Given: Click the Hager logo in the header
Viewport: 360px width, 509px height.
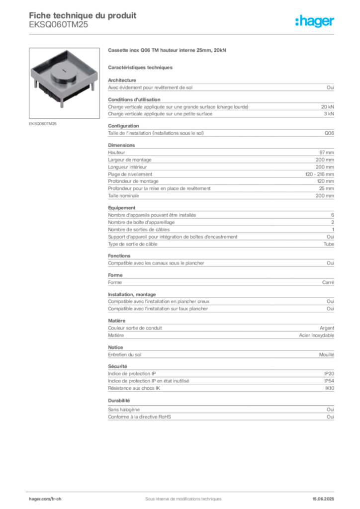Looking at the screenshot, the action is (314, 21).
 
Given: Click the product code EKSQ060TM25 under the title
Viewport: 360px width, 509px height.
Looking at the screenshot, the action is (59, 25).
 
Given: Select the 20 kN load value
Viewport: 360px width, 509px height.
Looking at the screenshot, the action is (328, 107).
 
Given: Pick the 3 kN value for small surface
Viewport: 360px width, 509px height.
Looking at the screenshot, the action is (329, 114).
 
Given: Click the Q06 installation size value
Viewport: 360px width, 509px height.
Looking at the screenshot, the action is (329, 133).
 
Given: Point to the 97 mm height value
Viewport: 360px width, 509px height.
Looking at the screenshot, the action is (327, 153).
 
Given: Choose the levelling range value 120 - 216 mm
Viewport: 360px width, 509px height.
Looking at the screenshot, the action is (319, 174).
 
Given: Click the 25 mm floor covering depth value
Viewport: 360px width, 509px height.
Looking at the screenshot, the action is (326, 188).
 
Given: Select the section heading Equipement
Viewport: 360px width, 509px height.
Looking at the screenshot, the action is (122, 208).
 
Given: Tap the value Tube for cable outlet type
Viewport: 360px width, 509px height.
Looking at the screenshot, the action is (329, 244).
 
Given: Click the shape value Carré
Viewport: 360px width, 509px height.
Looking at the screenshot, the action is (328, 282).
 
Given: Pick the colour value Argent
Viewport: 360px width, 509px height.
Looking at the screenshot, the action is (327, 328).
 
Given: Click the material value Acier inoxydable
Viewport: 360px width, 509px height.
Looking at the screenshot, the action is (317, 336).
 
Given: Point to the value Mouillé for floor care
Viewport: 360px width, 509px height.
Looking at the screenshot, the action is (327, 355).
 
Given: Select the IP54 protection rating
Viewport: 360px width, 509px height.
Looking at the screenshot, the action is (329, 381).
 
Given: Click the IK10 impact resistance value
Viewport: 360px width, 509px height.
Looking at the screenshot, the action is (330, 388).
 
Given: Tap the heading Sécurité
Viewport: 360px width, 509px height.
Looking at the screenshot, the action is (117, 366).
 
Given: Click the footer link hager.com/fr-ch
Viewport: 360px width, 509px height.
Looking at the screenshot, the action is (45, 499).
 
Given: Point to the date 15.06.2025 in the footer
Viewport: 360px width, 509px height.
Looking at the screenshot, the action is (323, 499).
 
